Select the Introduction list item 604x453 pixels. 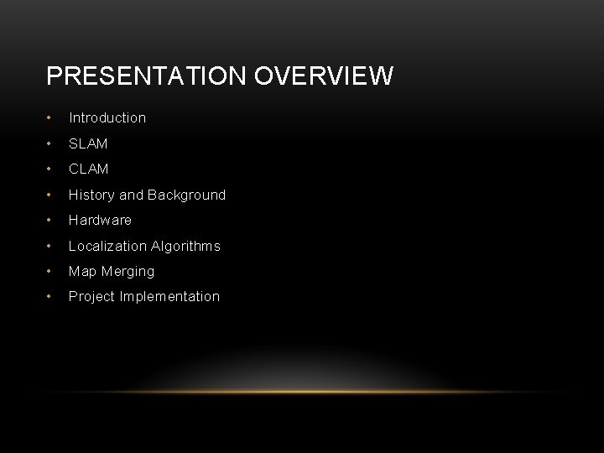[x=107, y=118]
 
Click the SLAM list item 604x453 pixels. [x=88, y=144]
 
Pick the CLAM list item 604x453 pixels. [x=88, y=169]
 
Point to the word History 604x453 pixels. [x=91, y=195]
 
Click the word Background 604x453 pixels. [x=186, y=195]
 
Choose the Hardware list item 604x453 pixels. [x=100, y=221]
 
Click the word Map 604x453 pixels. [x=81, y=271]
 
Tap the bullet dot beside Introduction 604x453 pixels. [x=51, y=118]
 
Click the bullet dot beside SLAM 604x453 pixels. [x=51, y=144]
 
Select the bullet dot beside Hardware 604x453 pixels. [x=51, y=221]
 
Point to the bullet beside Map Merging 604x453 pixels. [x=51, y=271]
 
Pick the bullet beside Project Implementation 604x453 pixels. [x=51, y=296]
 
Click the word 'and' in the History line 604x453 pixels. [x=131, y=195]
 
